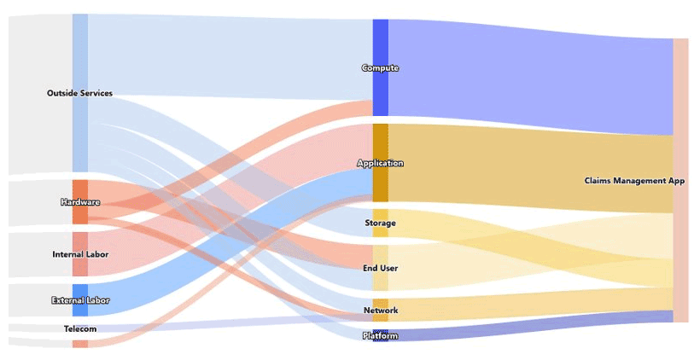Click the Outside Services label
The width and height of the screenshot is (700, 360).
pyautogui.click(x=79, y=93)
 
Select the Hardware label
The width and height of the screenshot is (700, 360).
pyautogui.click(x=80, y=202)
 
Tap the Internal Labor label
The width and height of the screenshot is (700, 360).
pyautogui.click(x=80, y=254)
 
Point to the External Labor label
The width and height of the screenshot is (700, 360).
pyautogui.click(x=80, y=300)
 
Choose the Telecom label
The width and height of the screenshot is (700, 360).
pyautogui.click(x=80, y=328)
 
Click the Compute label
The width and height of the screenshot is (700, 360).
pyautogui.click(x=380, y=67)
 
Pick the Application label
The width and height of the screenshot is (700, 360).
pyautogui.click(x=380, y=163)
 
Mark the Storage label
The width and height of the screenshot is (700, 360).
pyautogui.click(x=380, y=223)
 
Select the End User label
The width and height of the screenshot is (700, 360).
pyautogui.click(x=380, y=268)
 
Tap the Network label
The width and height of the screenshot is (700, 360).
pyautogui.click(x=380, y=310)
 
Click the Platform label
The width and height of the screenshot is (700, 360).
pyautogui.click(x=380, y=335)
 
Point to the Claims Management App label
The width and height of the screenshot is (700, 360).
pyautogui.click(x=635, y=181)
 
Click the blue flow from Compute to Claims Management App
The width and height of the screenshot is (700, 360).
pyautogui.click(x=529, y=77)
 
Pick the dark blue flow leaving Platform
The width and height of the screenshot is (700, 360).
pyautogui.click(x=529, y=328)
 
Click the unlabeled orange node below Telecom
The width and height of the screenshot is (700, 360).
pyautogui.click(x=80, y=344)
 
